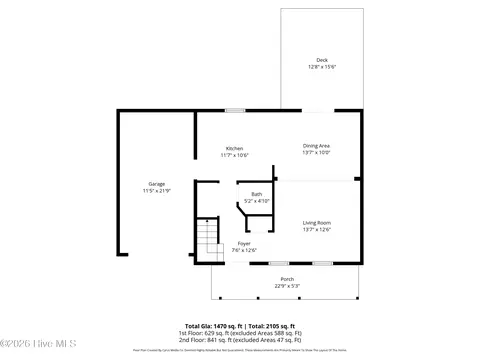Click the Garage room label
(157, 184)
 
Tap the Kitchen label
(234, 148)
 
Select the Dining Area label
(317, 146)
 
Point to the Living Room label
(317, 222)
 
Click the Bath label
(257, 194)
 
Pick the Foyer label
(244, 243)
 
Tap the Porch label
(287, 279)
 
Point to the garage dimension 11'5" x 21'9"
(157, 190)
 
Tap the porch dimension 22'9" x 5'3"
(287, 285)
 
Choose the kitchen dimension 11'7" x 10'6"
(234, 155)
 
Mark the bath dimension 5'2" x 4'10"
(257, 201)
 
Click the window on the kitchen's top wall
(234, 110)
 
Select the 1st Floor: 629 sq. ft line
(239, 333)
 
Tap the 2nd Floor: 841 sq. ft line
(239, 339)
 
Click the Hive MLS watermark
(28, 347)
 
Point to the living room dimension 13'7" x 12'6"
(317, 229)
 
